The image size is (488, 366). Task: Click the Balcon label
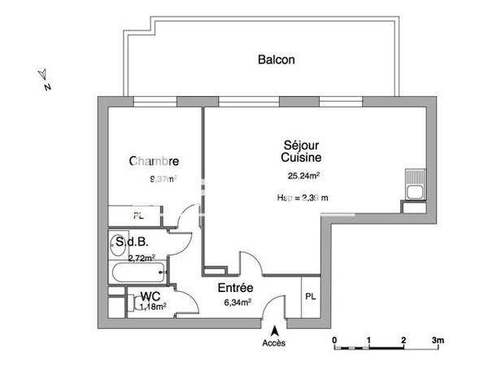pyautogui.click(x=276, y=59)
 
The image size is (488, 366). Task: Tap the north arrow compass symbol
pyautogui.click(x=45, y=78)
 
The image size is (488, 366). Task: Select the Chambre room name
pyautogui.click(x=154, y=162)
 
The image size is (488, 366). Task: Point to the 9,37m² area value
pyautogui.click(x=162, y=179)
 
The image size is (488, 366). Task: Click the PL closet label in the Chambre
pyautogui.click(x=139, y=216)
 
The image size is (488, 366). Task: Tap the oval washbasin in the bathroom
pyautogui.click(x=113, y=243)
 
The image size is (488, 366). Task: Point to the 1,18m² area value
pyautogui.click(x=153, y=307)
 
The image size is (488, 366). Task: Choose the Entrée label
pyautogui.click(x=235, y=288)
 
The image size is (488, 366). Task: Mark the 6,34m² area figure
pyautogui.click(x=237, y=302)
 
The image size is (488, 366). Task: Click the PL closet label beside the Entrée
pyautogui.click(x=311, y=296)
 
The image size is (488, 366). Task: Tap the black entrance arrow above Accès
pyautogui.click(x=275, y=331)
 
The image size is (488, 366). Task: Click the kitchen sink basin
pyautogui.click(x=415, y=192)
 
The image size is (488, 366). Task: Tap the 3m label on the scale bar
pyautogui.click(x=438, y=338)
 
